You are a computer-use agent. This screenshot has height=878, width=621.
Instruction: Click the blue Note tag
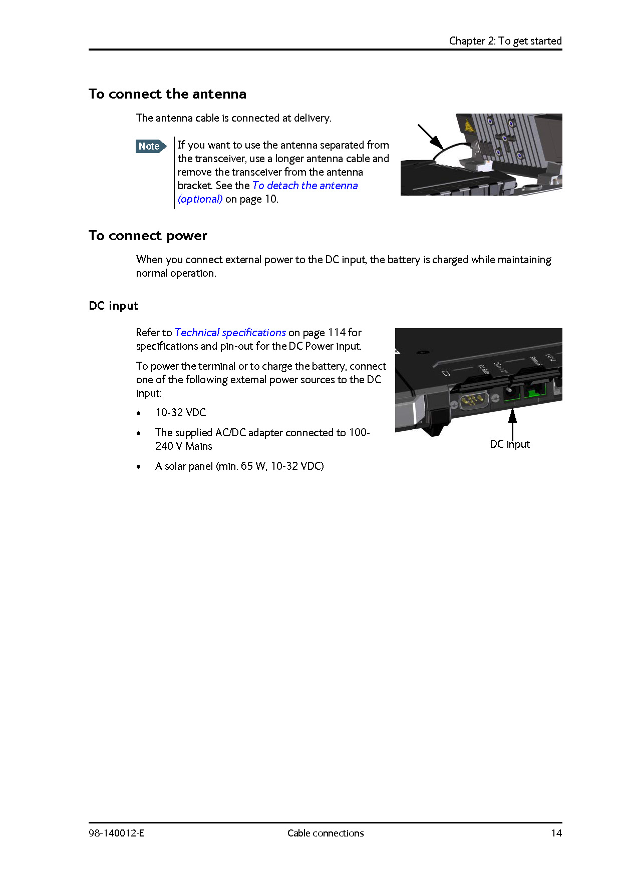150,147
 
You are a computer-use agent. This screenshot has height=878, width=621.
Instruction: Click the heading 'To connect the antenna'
167,94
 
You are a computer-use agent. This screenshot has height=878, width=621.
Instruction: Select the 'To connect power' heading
148,236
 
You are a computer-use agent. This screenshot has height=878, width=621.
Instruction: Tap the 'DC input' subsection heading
113,306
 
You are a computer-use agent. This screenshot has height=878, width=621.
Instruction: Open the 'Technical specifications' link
230,333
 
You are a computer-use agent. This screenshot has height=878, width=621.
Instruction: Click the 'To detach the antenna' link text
304,186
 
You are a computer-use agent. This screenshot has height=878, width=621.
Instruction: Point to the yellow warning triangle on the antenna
469,126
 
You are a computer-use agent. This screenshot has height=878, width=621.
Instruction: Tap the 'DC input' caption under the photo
509,444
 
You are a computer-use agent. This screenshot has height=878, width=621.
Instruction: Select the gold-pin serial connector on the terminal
474,401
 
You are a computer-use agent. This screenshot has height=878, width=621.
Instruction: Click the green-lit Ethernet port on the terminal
536,391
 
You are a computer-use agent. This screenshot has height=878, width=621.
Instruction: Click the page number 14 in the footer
556,833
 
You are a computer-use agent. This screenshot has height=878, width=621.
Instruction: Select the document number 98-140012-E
116,833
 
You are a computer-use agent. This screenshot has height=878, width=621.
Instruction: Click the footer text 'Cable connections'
326,833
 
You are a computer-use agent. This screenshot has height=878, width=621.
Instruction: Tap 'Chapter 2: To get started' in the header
505,41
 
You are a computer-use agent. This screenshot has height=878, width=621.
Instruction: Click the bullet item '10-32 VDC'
180,413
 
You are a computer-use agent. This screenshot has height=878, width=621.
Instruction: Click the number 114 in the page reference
337,333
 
